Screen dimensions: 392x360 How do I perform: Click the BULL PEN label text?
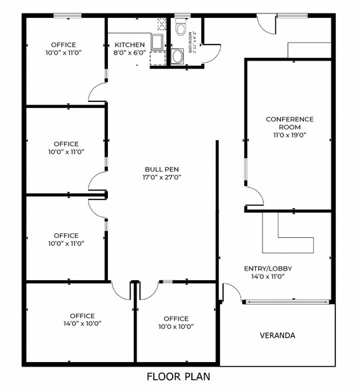(162, 169)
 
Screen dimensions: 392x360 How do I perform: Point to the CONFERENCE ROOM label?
(289, 123)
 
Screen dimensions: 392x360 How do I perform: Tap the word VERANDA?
(277, 335)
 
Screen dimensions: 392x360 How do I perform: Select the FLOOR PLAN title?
(179, 377)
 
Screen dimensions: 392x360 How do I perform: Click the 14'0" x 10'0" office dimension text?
(83, 323)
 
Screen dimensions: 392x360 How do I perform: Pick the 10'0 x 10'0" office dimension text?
(176, 327)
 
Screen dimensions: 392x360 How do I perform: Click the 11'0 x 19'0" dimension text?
(289, 135)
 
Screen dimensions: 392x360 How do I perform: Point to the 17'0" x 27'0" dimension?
(162, 177)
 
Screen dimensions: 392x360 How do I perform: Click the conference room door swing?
(255, 197)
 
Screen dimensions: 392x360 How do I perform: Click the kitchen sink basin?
(157, 42)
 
